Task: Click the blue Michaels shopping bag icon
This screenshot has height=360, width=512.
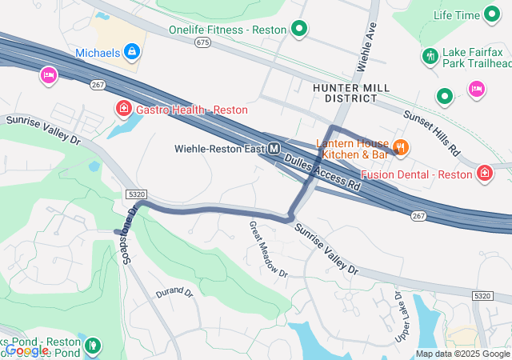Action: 132,54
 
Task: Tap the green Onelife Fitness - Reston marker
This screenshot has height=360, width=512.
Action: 299,30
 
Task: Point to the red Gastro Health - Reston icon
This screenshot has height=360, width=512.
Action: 124,108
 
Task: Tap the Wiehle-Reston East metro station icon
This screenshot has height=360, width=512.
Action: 274,148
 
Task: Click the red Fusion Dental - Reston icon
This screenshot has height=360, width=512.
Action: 485,173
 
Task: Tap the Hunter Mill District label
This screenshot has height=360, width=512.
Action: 346,92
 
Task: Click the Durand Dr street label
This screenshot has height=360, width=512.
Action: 174,293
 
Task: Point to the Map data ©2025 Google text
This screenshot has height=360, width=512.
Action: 462,354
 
